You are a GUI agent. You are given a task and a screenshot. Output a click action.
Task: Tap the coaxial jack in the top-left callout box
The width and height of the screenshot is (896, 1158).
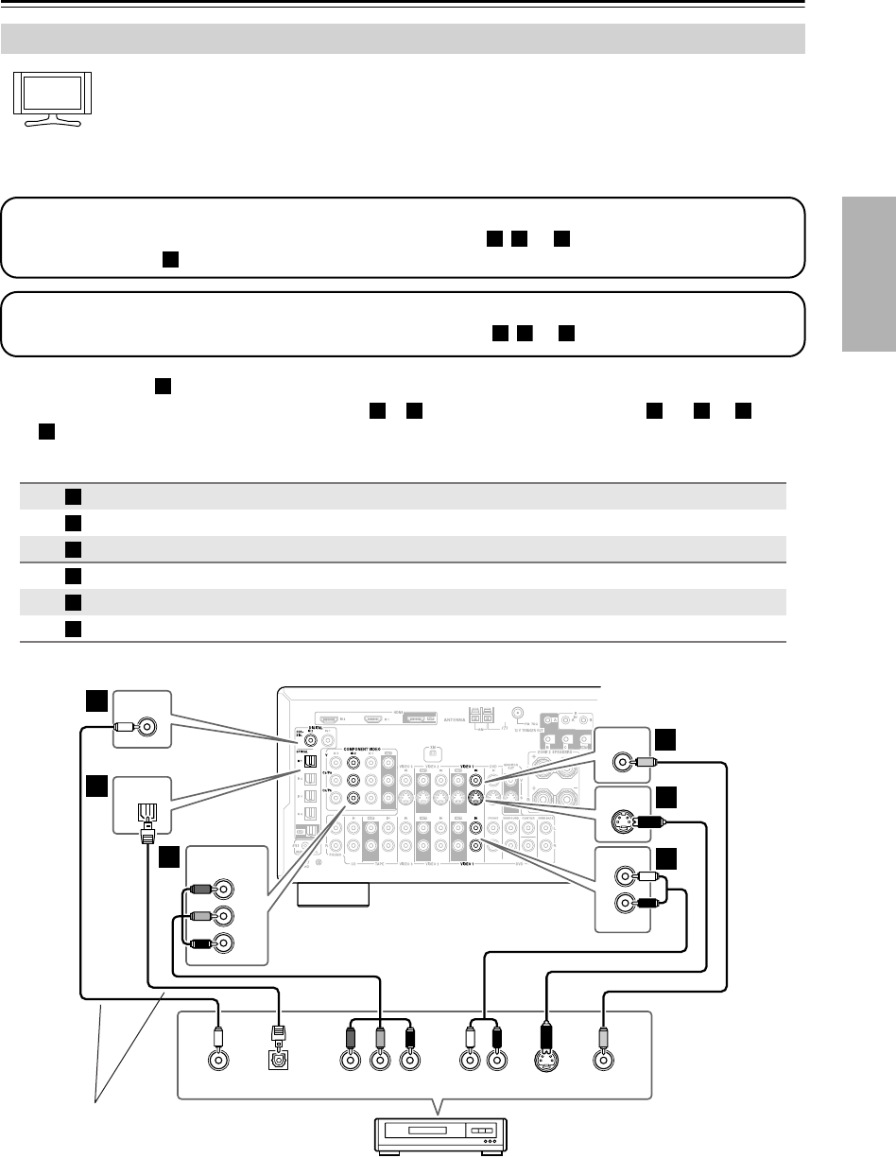click(x=148, y=726)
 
